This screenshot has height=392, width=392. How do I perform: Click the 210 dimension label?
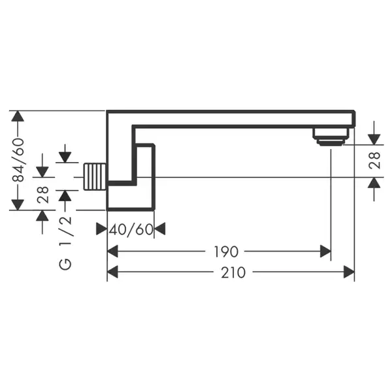[x=233, y=272]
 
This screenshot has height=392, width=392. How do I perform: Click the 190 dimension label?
[x=226, y=252]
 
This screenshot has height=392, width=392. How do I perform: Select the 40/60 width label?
[x=131, y=229]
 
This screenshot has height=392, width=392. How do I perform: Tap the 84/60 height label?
[x=18, y=160]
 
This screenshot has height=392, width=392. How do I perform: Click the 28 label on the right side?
[x=374, y=161]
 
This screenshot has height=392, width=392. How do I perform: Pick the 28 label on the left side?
[x=42, y=195]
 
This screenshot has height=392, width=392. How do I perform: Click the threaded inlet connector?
[x=95, y=176]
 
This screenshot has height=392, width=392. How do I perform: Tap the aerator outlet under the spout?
[x=330, y=137]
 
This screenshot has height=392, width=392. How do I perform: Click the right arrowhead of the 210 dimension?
[x=350, y=272]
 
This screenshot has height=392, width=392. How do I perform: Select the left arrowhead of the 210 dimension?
[x=112, y=272]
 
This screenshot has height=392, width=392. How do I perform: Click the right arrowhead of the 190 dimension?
[x=325, y=252]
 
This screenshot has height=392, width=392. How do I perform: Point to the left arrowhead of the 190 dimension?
[x=112, y=252]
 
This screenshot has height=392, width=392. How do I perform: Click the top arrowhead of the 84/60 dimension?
[x=18, y=116]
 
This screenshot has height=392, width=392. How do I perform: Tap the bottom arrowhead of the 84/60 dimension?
[x=18, y=205]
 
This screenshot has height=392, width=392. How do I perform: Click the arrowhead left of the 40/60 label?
[x=101, y=229]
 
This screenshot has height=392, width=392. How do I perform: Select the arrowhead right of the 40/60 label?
[x=159, y=229]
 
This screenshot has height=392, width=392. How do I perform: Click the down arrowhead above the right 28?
[x=374, y=139]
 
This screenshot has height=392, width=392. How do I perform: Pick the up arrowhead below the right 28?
[x=374, y=183]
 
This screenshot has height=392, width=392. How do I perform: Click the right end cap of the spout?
[x=353, y=119]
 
